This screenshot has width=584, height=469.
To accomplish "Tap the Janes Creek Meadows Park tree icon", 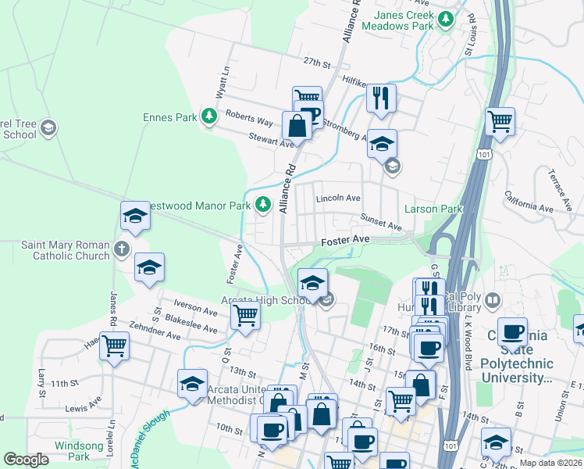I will click(x=446, y=20).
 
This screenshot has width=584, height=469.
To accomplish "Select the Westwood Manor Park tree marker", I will click(x=264, y=205).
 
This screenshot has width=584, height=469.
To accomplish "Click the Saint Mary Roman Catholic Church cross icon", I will click(x=120, y=250).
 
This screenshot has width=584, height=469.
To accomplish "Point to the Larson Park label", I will click(x=433, y=209).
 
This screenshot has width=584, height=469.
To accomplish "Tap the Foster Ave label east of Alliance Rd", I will click(x=345, y=240).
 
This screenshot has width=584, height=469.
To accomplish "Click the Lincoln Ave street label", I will click(x=337, y=199).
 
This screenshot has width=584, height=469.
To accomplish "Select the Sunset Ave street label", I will click(x=381, y=223).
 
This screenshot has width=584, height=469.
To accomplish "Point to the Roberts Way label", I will click(x=249, y=118).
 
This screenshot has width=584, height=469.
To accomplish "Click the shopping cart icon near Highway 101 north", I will click(x=500, y=122).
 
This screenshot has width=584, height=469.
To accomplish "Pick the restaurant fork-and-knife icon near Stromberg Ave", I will click(x=381, y=98).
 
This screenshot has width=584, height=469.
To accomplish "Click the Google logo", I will click(x=27, y=460).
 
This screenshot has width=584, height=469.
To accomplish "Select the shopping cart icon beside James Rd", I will click(x=114, y=345).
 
